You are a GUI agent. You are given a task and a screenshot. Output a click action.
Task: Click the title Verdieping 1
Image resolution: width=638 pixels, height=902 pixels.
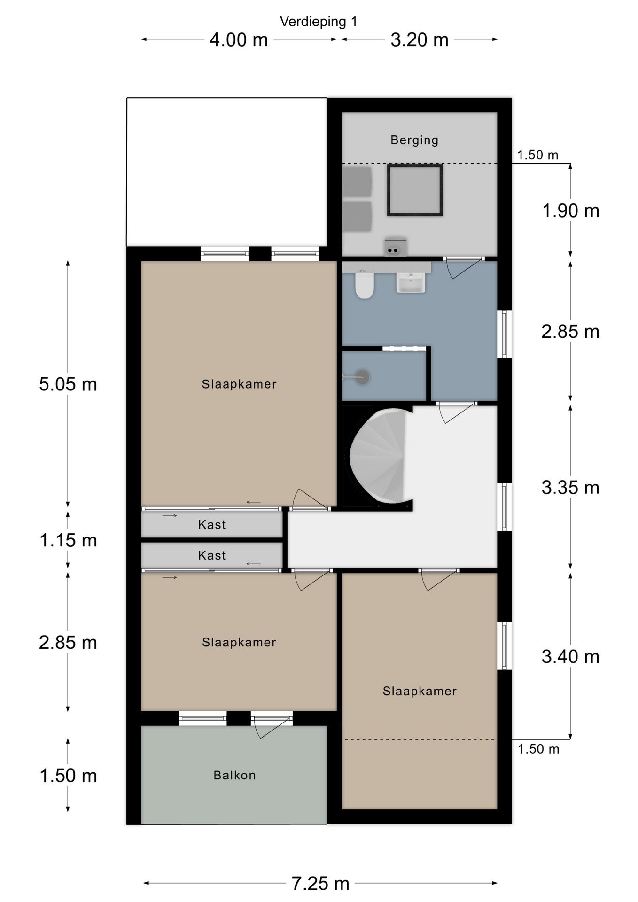[319, 22]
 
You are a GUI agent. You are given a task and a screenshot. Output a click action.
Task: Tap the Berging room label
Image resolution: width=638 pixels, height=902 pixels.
[414, 140]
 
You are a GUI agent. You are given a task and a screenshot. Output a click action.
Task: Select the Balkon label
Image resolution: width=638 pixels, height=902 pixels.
[234, 775]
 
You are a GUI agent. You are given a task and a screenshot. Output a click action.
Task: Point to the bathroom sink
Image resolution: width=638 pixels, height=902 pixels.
[411, 283]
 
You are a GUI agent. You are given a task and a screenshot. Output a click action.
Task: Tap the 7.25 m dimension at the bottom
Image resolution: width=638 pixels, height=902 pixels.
[320, 884]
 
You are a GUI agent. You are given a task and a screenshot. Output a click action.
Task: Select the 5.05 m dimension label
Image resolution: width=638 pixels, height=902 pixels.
[68, 384]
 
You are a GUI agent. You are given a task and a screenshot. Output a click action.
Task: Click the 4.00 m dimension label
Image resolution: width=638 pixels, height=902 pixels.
[239, 40]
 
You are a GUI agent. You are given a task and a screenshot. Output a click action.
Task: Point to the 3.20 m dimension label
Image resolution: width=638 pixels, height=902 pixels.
[420, 40]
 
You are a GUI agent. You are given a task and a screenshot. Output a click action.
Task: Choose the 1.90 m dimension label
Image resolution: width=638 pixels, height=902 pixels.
[571, 210]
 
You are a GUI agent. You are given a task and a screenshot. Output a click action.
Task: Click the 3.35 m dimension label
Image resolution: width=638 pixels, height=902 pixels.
[571, 488]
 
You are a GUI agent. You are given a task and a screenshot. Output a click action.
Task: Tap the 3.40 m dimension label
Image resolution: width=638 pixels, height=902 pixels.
[571, 657]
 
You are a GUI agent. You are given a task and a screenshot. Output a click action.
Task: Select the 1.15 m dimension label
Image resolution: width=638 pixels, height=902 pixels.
[68, 540]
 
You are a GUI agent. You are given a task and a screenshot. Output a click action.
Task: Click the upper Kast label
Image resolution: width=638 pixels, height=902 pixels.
[212, 524]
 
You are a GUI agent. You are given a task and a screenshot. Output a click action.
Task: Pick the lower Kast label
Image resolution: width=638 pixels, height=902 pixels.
[212, 555]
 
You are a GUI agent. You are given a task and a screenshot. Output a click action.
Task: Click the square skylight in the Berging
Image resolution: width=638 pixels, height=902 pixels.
[415, 190]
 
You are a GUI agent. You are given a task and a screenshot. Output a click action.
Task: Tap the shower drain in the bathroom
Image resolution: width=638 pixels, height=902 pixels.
[362, 377]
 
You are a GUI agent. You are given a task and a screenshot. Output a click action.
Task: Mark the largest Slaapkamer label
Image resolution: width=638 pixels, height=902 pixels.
[239, 384]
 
